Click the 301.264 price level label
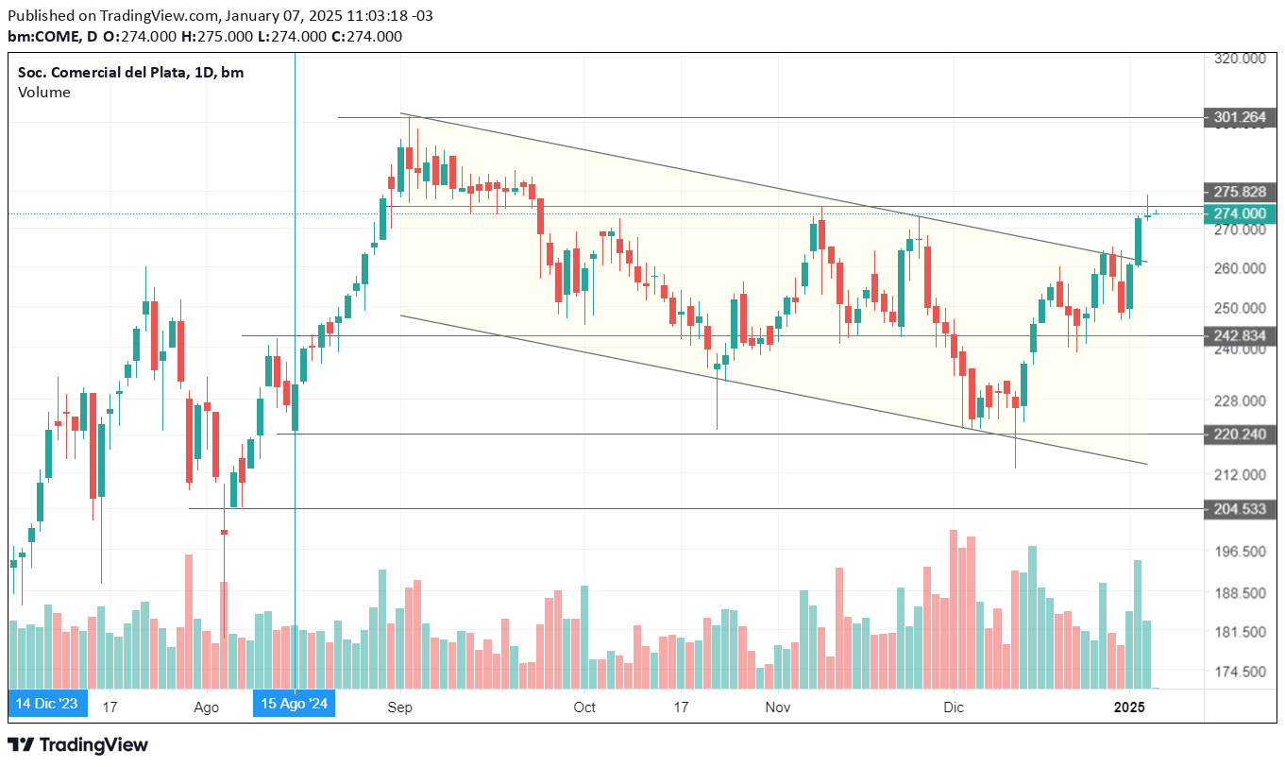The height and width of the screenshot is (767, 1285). pos(1241,118)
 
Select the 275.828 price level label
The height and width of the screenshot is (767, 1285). pos(1241,191)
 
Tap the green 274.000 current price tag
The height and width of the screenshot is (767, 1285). pos(1241,213)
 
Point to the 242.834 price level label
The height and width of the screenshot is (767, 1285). pos(1241,335)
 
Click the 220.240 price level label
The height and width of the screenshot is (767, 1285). pos(1241,435)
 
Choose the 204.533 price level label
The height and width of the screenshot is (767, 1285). pos(1241,509)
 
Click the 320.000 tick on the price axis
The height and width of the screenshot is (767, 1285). pos(1240,59)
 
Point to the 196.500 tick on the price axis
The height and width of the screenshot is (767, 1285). pos(1240,552)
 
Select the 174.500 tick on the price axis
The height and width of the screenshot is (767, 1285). pos(1240,673)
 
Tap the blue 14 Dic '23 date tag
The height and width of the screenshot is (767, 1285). pos(47,704)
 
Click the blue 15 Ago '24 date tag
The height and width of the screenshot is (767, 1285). pos(295,704)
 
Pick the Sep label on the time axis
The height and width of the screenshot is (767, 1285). pos(401,707)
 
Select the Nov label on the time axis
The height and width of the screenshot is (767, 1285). pos(778,707)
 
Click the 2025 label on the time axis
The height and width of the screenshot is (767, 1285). pos(1129,707)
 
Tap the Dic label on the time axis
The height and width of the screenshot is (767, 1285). pos(954,707)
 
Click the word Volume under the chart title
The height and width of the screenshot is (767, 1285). pos(43,93)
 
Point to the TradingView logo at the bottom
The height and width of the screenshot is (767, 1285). pos(78,745)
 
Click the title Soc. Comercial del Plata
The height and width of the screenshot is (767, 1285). pos(101,73)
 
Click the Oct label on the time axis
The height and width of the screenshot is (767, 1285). pos(584,707)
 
